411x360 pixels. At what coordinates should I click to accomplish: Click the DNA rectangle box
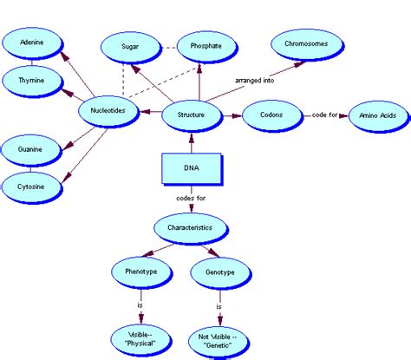coord(190,169)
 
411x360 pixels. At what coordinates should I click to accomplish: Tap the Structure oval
coord(190,114)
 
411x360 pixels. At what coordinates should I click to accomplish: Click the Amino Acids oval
coord(371,115)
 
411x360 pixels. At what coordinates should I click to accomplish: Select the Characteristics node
coord(190,229)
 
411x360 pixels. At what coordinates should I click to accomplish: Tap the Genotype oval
coord(219,272)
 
